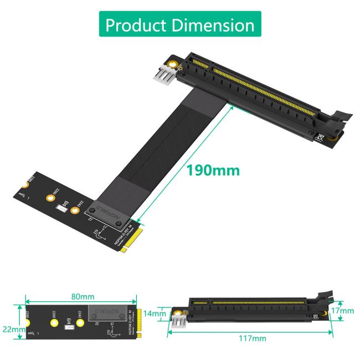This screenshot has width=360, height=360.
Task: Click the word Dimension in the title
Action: (213, 25)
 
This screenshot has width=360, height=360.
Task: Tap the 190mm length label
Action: (213, 170)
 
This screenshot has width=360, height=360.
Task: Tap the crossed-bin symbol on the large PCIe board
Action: (319, 137)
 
